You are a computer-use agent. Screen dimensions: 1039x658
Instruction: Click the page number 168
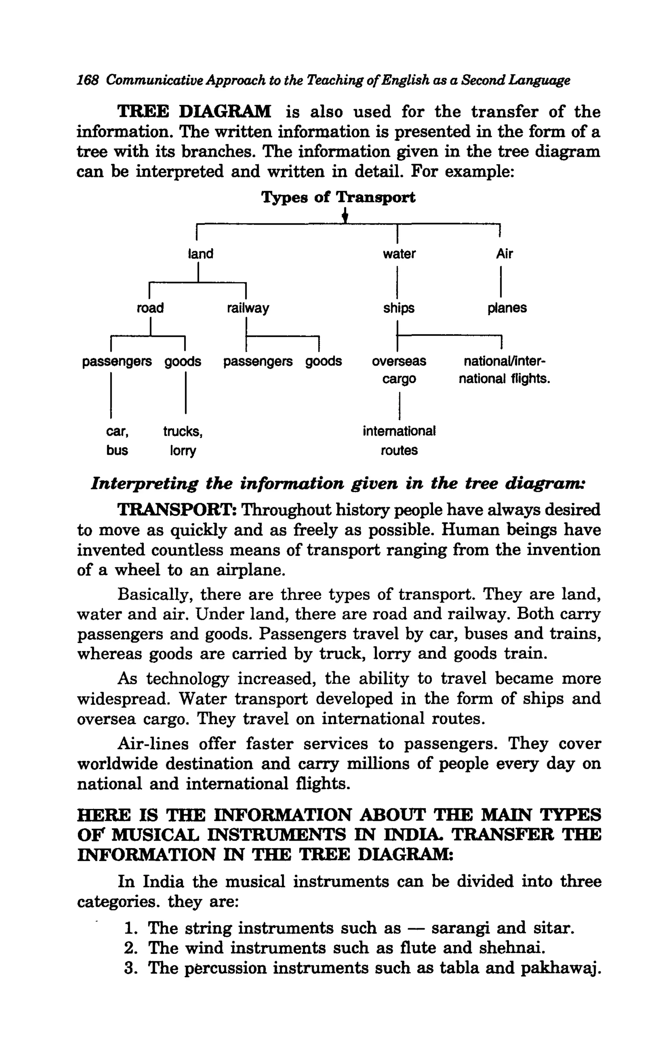pyautogui.click(x=88, y=80)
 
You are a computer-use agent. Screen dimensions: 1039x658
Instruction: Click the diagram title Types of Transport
pyautogui.click(x=338, y=197)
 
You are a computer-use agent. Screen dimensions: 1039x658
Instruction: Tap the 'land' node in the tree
pyautogui.click(x=201, y=254)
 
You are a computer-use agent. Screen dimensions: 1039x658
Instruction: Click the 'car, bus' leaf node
pyautogui.click(x=117, y=441)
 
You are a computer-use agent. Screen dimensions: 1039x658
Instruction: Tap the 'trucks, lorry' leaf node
pyautogui.click(x=183, y=441)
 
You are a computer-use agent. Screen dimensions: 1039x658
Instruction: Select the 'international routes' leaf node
pyautogui.click(x=399, y=441)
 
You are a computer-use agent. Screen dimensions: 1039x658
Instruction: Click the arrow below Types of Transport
pyautogui.click(x=344, y=216)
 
